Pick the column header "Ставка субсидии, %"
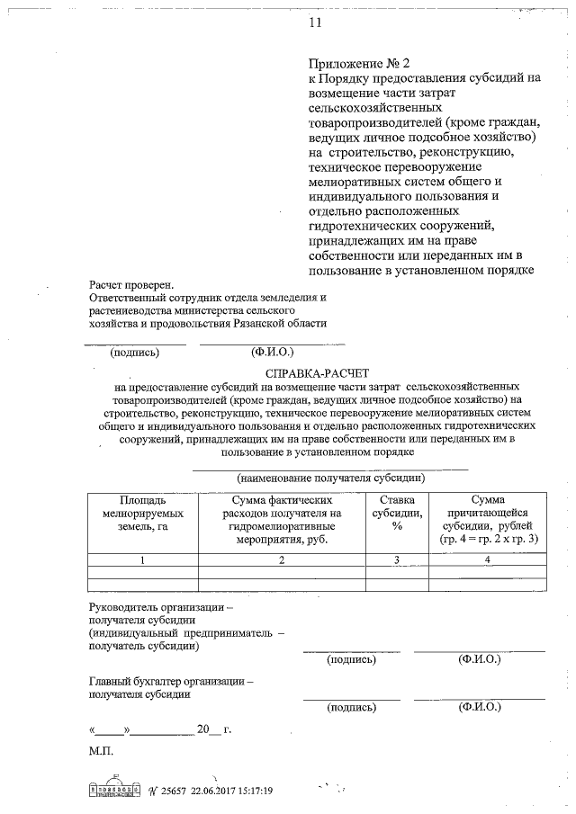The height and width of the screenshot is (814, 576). click(396, 514)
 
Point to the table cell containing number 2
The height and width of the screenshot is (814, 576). click(282, 560)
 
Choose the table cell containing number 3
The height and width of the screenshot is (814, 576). click(396, 560)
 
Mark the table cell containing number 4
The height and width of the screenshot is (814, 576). click(487, 560)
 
